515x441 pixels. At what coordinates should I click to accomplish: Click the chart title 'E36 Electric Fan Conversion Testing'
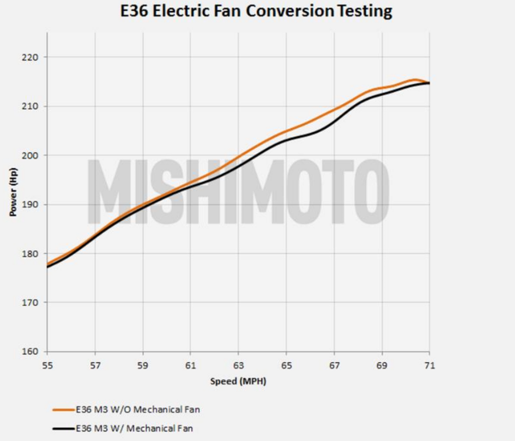256,11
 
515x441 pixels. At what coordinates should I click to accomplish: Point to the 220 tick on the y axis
30,57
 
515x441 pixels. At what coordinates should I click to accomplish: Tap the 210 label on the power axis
30,107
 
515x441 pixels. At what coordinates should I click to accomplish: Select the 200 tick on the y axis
30,156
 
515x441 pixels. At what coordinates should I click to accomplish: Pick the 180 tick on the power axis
30,254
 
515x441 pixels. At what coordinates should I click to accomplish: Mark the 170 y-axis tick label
30,303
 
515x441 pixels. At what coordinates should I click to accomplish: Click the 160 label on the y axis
30,352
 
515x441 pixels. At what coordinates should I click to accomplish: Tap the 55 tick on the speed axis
47,366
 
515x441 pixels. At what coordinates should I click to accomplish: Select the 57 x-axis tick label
95,366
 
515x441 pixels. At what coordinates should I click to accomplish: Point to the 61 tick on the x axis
191,366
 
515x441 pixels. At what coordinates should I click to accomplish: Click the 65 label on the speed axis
287,366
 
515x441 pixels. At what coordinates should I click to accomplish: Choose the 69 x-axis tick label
382,366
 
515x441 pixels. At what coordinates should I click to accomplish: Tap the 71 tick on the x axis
430,366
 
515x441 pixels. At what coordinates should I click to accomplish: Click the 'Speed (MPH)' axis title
238,381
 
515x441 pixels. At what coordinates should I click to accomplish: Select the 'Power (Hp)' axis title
13,192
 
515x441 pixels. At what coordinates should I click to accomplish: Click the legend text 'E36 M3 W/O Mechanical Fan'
138,410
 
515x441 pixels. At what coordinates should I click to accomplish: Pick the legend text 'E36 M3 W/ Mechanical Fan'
134,428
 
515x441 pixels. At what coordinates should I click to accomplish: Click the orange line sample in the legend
63,410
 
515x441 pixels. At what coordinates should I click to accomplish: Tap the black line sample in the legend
63,429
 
